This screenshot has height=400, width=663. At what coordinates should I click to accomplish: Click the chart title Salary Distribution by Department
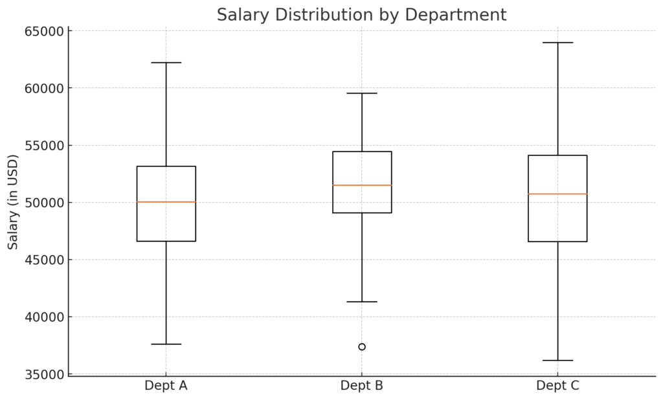pos(361,15)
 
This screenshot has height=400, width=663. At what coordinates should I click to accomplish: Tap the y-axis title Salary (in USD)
pos(13,202)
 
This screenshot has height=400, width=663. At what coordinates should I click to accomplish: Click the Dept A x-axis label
pos(166,386)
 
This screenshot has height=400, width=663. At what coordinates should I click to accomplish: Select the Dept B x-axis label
pos(361,386)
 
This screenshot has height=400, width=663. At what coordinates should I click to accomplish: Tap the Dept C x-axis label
pos(557,386)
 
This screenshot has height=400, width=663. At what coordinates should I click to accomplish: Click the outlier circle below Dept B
pos(362,347)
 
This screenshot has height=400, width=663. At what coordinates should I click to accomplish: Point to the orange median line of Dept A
pos(166,202)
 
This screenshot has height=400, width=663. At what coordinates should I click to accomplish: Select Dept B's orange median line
pos(362,185)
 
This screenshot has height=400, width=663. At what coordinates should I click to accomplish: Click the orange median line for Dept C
pos(557,194)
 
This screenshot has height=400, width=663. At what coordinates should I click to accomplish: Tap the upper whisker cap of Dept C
pos(557,43)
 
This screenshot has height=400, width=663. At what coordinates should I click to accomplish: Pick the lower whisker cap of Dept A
pos(166,344)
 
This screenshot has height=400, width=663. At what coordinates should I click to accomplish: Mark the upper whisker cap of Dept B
pos(362,93)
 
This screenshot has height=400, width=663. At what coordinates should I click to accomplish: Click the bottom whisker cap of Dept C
pos(557,361)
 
